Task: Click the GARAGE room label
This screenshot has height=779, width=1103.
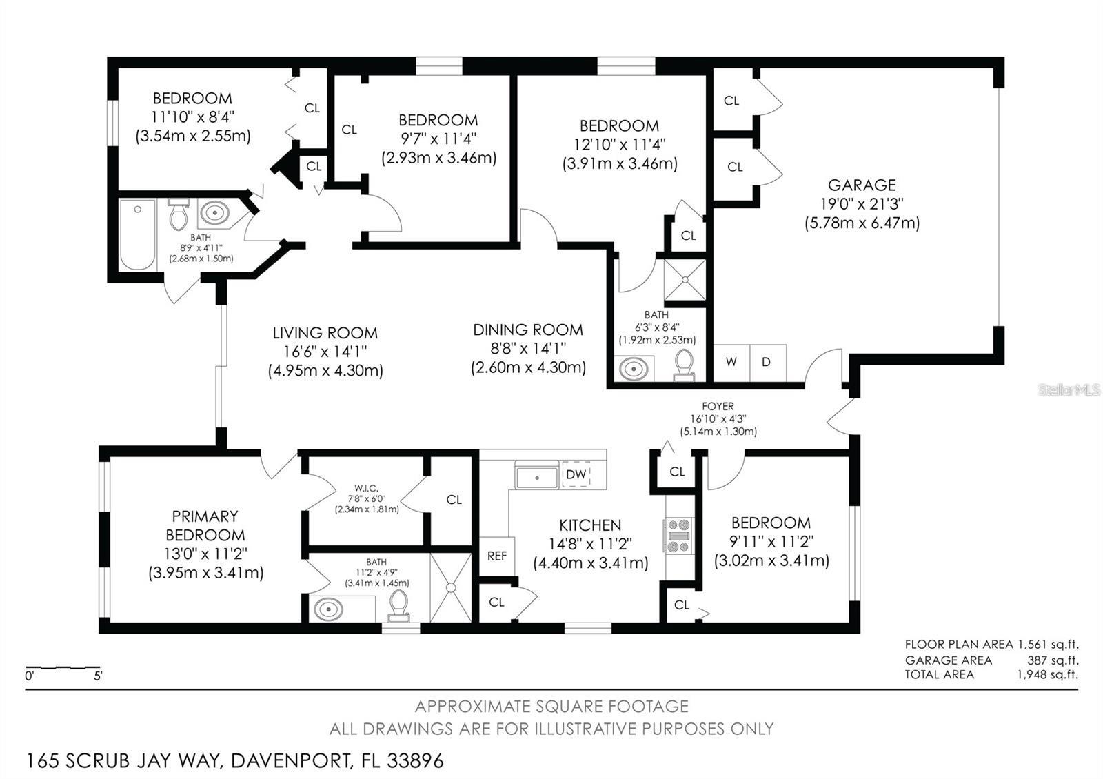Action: pos(861,185)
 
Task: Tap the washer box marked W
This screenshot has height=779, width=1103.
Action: pos(731,362)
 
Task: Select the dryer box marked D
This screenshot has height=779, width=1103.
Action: pos(767,362)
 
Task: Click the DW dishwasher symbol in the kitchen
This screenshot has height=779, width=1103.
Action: pos(576,474)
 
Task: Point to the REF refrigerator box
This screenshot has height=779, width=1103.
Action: pos(497,556)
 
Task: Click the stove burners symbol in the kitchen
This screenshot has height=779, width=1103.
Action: pos(678,536)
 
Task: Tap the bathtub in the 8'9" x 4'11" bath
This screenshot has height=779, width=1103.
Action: pos(138,235)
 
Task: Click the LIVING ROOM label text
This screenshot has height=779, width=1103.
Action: pos(325,333)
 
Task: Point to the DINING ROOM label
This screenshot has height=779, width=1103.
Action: pos(527,330)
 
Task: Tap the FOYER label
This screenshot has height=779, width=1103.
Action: pos(718,407)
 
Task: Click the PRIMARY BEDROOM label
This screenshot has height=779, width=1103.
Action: pos(205,525)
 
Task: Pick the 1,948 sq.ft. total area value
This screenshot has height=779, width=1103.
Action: pos(1047,674)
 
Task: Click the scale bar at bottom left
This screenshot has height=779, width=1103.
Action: pos(63,668)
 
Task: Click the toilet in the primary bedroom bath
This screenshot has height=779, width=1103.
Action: pos(398,606)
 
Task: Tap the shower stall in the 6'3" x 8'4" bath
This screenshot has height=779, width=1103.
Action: pos(685,280)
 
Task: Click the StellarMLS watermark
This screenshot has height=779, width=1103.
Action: pos(1069,390)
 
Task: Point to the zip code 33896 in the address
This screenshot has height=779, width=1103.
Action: pos(415,761)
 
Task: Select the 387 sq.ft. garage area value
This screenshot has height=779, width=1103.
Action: pos(1053,660)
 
